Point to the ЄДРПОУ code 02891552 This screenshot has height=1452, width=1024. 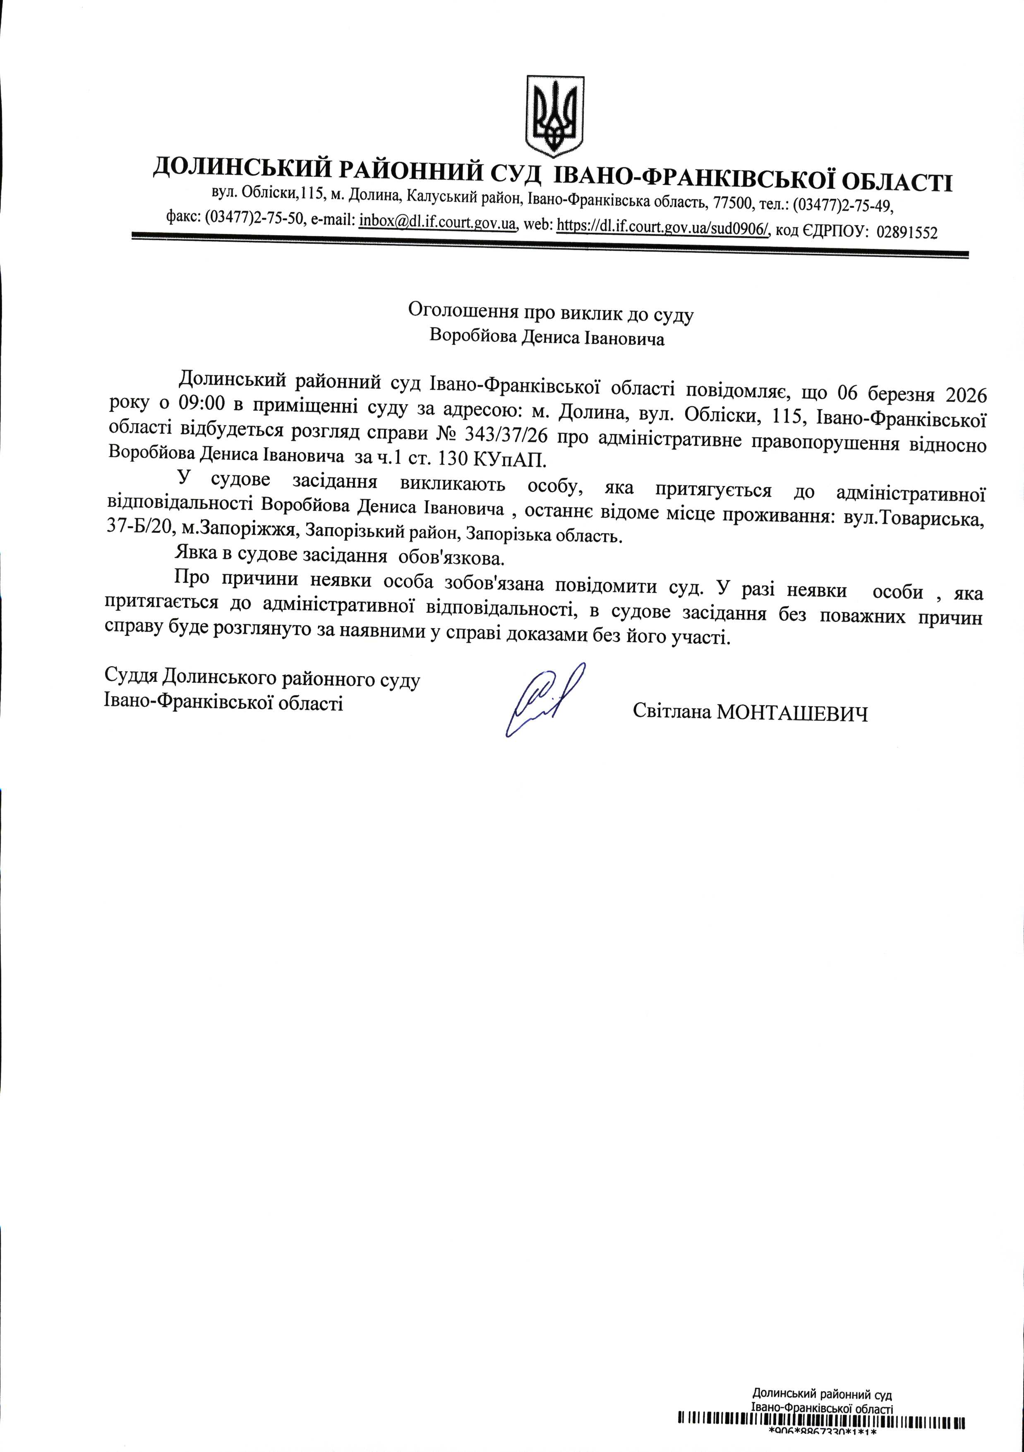pyautogui.click(x=907, y=232)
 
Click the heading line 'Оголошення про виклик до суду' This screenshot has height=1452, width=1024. pyautogui.click(x=551, y=312)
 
